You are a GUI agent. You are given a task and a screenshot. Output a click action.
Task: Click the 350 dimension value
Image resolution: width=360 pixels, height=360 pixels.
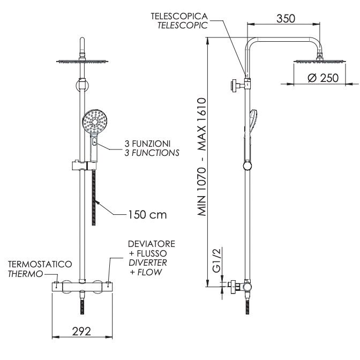point(286,19)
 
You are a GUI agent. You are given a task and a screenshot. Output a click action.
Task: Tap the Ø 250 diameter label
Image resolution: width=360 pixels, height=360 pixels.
point(323,78)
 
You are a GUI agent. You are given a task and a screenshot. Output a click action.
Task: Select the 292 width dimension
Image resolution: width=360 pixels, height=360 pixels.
point(81,331)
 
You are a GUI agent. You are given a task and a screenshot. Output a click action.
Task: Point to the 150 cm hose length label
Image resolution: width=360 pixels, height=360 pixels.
point(147,215)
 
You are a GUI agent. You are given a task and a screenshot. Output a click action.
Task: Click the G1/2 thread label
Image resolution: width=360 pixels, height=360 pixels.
point(216,260)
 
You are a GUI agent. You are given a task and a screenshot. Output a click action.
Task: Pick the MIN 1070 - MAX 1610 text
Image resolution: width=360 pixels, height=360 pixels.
point(202,157)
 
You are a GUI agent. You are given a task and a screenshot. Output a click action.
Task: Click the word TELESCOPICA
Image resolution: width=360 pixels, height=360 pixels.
point(179,16)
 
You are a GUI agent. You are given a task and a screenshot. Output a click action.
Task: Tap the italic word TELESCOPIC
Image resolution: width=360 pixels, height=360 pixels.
point(183,25)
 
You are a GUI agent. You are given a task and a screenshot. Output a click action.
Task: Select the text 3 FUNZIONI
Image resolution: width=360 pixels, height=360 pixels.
point(147,144)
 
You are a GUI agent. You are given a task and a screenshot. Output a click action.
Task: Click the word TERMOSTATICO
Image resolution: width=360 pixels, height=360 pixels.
point(40,264)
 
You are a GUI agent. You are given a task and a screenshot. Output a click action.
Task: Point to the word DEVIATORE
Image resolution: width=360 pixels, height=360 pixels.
point(152,244)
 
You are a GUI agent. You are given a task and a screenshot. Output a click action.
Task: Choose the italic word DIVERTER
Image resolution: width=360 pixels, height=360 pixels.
point(148,262)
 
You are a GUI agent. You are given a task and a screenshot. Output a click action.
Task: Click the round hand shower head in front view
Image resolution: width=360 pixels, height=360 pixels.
point(95,122)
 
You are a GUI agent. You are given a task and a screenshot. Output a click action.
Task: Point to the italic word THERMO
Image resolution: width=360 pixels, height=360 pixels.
point(26,274)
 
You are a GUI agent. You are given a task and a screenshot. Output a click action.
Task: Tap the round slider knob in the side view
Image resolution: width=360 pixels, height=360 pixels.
point(247,166)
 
